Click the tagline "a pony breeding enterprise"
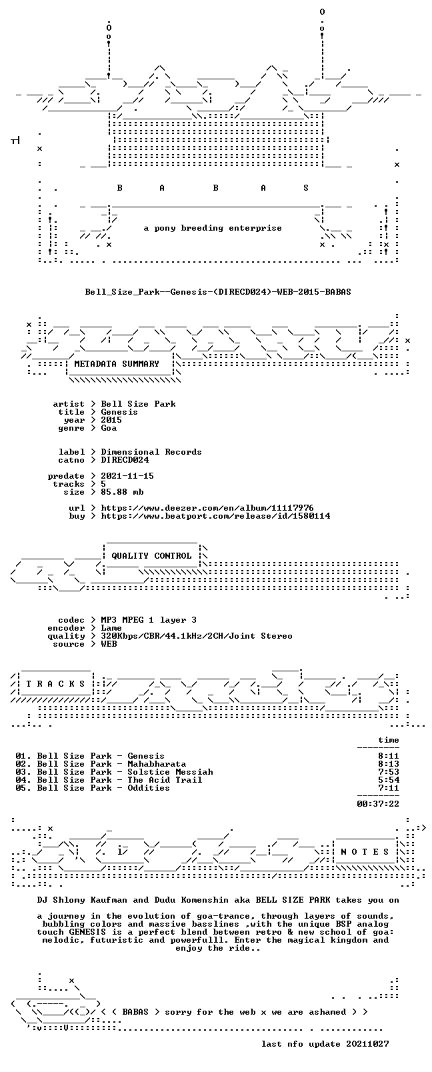coord(213,228)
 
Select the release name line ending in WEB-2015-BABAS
coord(218,292)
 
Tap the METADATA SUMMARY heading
coord(117,364)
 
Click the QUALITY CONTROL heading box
coord(151,556)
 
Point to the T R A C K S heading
coord(56,684)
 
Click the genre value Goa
coord(109,428)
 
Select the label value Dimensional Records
coord(151,452)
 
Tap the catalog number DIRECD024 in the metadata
coord(125,461)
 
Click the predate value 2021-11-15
coord(127,476)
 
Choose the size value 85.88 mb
coord(122,493)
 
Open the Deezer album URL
coord(207,508)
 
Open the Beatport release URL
coord(215,517)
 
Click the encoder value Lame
coord(111,629)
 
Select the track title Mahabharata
coord(157,764)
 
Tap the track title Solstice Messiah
coord(170,773)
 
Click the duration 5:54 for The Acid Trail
coord(389,780)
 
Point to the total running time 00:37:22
coord(378,804)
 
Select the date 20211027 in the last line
coord(367,1044)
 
